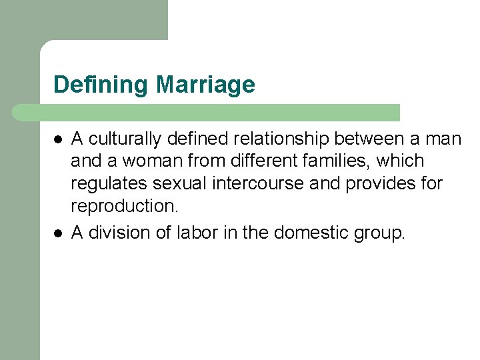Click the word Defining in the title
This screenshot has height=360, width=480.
click(101, 85)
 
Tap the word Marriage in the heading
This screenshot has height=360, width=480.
click(205, 85)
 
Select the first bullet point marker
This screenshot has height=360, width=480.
click(59, 139)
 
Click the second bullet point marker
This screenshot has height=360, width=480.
click(59, 233)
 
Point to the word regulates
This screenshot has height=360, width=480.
click(110, 184)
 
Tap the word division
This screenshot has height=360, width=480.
click(117, 233)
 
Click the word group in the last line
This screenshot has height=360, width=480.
click(379, 233)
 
